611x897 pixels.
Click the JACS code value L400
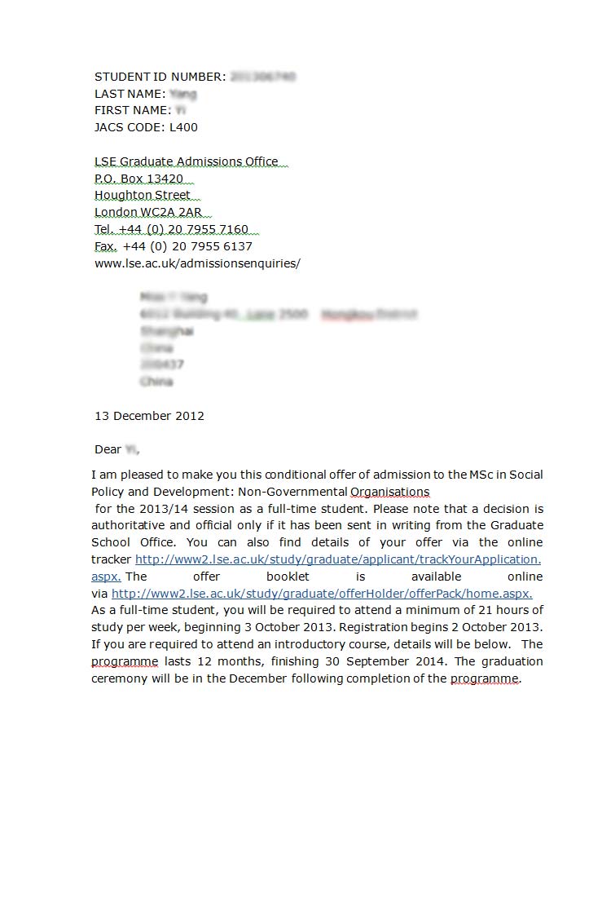coord(183,127)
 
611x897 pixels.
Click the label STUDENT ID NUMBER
coord(159,77)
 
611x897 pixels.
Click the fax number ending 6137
coord(187,246)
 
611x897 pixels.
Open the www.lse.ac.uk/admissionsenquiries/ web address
coord(197,263)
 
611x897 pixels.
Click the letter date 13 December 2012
coord(149,416)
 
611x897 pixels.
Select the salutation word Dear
coord(108,449)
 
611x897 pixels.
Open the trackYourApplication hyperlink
coord(337,559)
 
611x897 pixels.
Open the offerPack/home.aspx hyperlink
coord(322,594)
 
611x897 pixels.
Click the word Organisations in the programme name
coord(389,492)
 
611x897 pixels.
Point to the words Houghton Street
coord(143,196)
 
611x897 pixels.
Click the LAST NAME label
coord(129,94)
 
